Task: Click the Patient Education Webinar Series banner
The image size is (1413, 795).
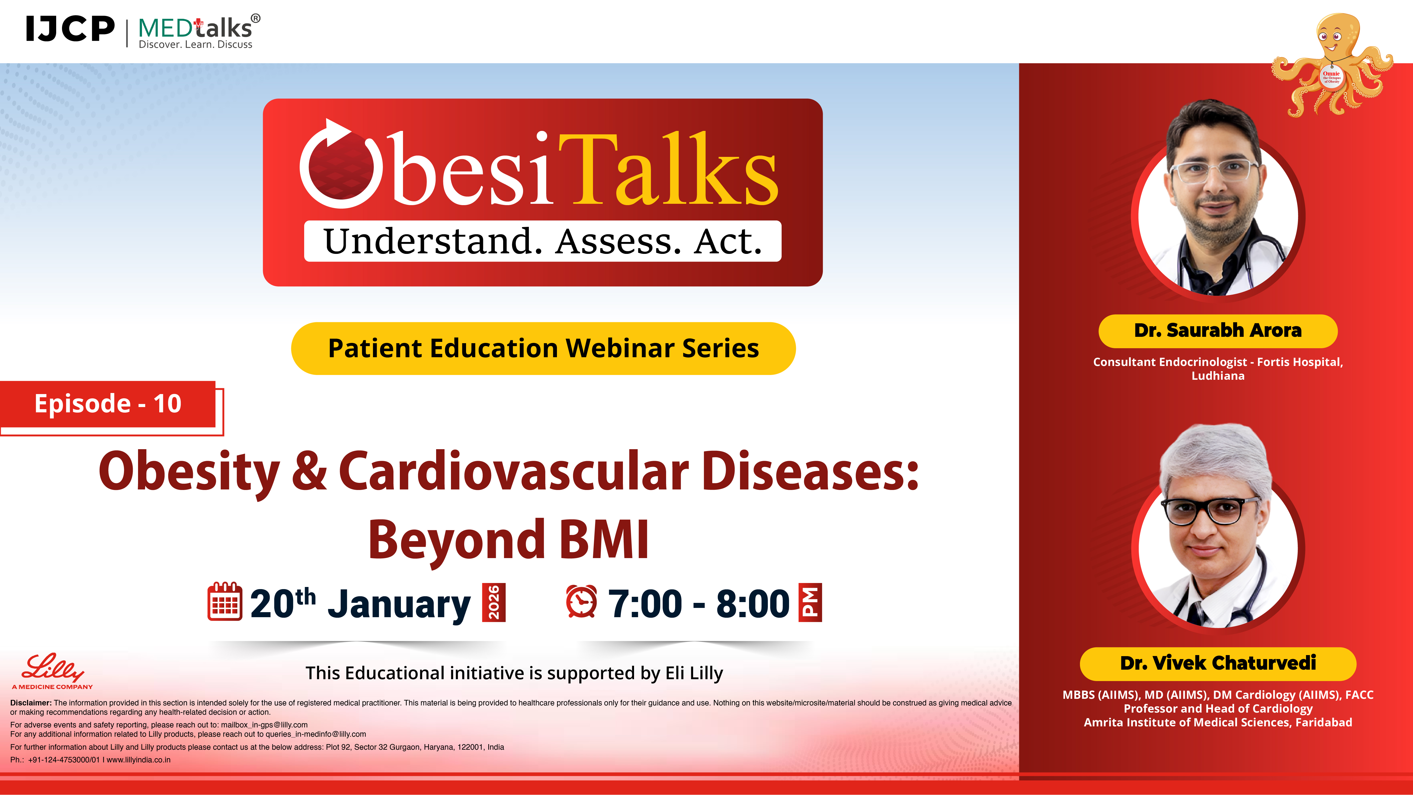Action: (543, 348)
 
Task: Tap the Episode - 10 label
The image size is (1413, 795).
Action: (108, 404)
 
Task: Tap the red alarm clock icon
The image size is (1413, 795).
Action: (581, 602)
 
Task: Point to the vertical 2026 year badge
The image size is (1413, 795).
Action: (494, 602)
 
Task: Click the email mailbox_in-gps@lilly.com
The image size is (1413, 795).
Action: (264, 725)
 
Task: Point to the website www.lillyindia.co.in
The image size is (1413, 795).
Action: (139, 760)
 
